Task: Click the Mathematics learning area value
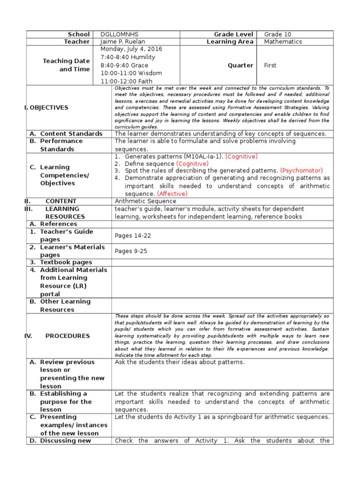(283, 42)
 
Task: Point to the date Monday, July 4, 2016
(131, 49)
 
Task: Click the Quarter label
(240, 66)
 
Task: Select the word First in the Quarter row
(270, 66)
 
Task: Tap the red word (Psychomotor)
(301, 171)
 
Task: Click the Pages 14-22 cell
(133, 236)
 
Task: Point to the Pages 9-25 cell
(131, 251)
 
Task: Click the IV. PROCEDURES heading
(60, 336)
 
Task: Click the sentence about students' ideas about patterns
(180, 362)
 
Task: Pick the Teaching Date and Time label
(66, 65)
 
